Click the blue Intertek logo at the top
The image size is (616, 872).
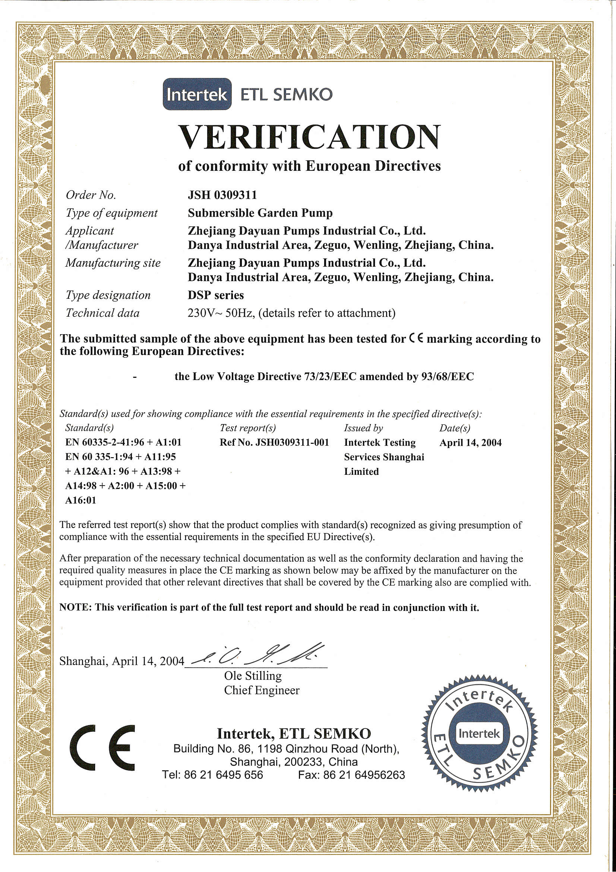[x=197, y=94]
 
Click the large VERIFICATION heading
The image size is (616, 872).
[x=309, y=137]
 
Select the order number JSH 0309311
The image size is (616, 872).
[x=222, y=195]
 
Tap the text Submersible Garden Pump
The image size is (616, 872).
[x=260, y=213]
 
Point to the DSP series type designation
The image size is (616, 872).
[x=215, y=295]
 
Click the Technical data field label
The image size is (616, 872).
[x=102, y=313]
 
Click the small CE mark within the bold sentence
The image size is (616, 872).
[x=416, y=338]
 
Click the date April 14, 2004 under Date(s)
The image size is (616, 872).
[x=470, y=442]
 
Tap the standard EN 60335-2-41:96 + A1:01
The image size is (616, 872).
[x=123, y=442]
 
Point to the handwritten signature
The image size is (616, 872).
[x=258, y=655]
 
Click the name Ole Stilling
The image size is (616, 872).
[x=253, y=676]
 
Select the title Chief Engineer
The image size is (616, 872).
[x=262, y=690]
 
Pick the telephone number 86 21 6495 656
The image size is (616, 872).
[x=223, y=775]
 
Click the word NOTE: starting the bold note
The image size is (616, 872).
[x=75, y=608]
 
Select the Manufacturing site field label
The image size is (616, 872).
[x=113, y=263]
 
